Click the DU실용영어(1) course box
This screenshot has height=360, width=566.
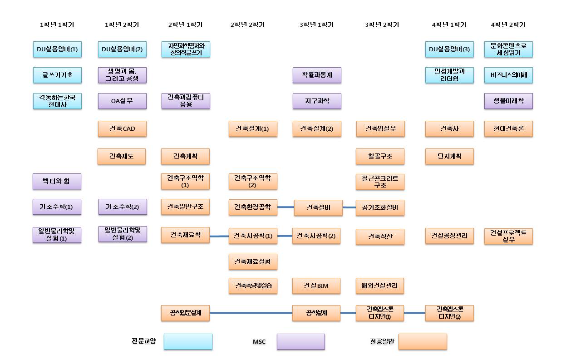pos(57,49)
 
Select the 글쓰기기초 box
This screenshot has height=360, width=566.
pos(57,75)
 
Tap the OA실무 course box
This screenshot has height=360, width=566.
pos(122,101)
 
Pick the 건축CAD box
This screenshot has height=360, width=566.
pos(122,129)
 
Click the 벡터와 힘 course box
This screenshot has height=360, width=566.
pos(57,182)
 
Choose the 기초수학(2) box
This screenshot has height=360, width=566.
pos(123,207)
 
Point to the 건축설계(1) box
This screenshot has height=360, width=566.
pos(253,129)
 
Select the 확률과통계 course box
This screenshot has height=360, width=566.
pos(317,75)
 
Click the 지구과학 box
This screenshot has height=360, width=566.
pos(317,101)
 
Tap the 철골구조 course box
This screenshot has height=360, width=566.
pos(380,157)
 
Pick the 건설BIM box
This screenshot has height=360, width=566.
pos(316,286)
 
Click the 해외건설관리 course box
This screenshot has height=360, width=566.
pos(380,286)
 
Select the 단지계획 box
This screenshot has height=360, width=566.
pos(449,157)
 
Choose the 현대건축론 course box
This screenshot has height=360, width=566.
pos(508,129)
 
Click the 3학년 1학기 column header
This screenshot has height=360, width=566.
pos(316,25)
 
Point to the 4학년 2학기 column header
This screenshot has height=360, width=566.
pos(508,25)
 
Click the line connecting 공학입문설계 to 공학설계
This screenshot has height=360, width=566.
pos(251,313)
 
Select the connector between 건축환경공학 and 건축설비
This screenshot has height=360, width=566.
pos(285,207)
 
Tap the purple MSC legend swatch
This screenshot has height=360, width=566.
pos(301,342)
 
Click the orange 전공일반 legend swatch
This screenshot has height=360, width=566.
pos(423,342)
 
